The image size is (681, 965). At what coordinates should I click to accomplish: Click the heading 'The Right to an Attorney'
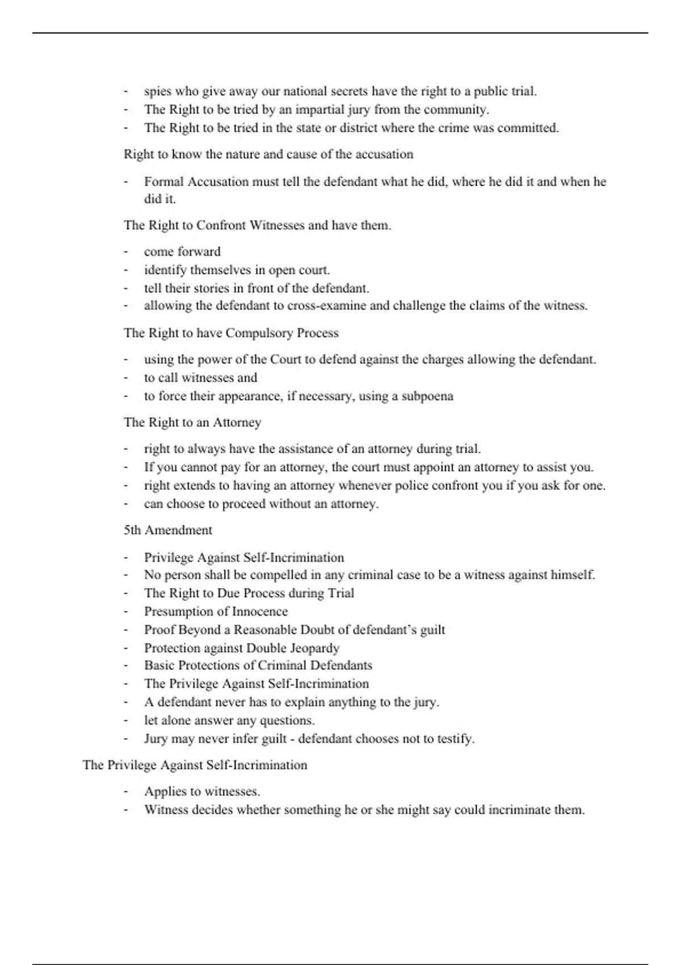click(192, 422)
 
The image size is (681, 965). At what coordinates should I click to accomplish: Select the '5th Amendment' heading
click(168, 530)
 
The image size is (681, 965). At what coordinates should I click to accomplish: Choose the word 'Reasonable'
click(265, 630)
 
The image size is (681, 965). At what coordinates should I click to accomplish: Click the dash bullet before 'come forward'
click(125, 251)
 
